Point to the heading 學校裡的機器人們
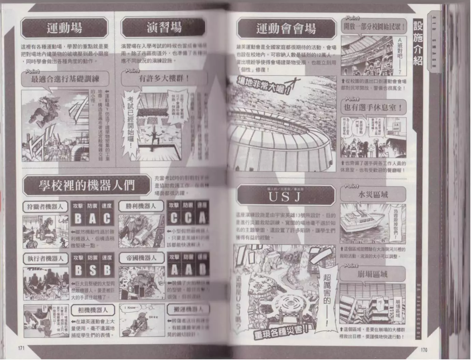(87, 185)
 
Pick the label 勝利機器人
(141, 206)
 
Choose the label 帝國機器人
(141, 258)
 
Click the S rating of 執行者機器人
(92, 270)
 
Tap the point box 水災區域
(373, 195)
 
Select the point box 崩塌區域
(373, 274)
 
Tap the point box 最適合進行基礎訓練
(65, 79)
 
